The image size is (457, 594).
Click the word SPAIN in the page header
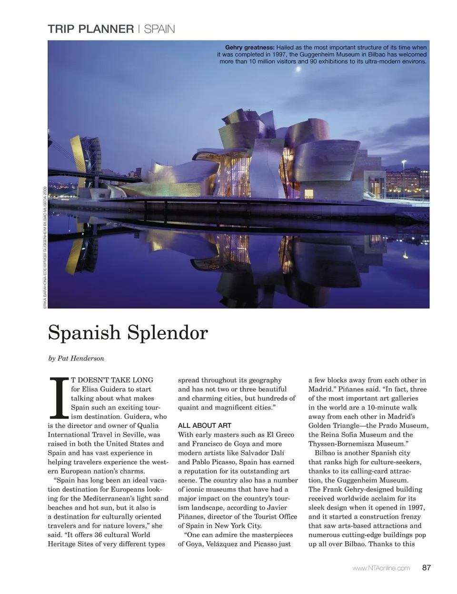click(159, 29)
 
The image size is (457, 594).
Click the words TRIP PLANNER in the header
click(90, 29)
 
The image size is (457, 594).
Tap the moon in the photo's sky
click(298, 70)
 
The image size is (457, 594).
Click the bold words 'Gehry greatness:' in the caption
click(249, 47)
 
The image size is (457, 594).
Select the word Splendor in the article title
click(168, 332)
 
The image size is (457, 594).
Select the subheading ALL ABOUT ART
click(204, 425)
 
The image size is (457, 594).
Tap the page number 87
click(426, 567)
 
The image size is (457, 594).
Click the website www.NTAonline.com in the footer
click(381, 568)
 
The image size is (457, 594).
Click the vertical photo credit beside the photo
click(45, 248)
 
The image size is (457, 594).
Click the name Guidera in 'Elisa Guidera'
click(110, 389)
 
